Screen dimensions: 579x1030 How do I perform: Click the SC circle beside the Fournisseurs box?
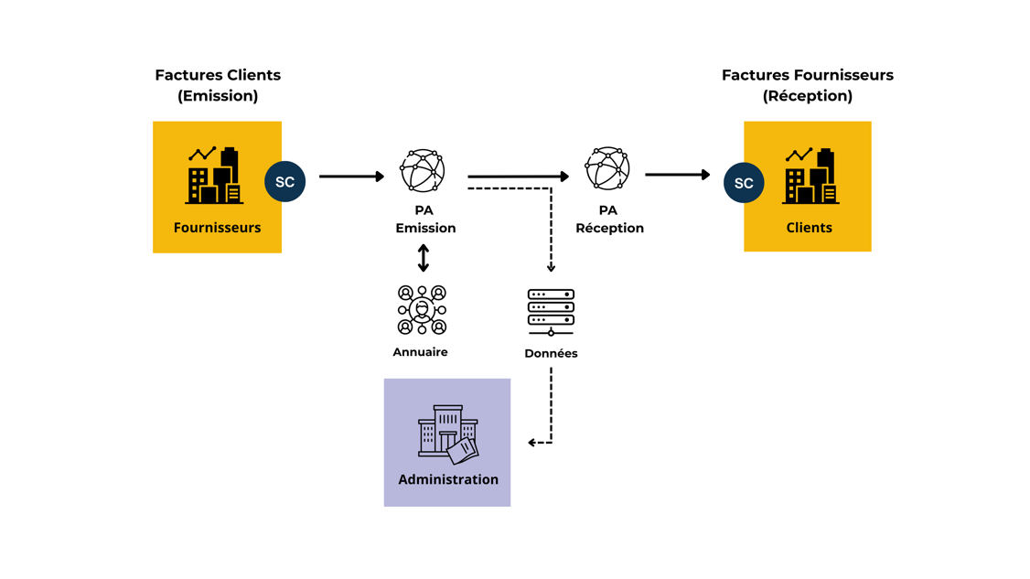284,182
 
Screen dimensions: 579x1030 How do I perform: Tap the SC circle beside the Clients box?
744,183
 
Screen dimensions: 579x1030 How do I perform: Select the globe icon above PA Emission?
423,170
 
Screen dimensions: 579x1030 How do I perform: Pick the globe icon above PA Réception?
607,168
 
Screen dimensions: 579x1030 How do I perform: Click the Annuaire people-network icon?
422,309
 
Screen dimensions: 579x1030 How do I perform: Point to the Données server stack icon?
551,312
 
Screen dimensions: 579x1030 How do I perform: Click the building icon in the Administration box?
447,434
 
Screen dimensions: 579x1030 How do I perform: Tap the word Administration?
448,479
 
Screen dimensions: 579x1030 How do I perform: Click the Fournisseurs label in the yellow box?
217,228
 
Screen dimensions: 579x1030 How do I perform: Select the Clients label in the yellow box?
809,228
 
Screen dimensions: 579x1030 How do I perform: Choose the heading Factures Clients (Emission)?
218,85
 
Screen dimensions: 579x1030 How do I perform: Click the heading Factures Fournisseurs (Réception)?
807,85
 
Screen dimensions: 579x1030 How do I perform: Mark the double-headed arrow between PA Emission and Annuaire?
424,258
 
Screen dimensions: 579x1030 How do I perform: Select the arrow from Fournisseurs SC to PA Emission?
351,176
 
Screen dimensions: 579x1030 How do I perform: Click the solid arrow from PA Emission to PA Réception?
518,176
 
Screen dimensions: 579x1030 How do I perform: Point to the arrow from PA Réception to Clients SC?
677,174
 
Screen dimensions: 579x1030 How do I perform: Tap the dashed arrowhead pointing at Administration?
533,443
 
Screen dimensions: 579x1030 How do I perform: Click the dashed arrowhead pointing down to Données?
551,267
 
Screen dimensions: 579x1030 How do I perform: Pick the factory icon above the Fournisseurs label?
215,176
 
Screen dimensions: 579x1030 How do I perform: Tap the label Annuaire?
420,352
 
